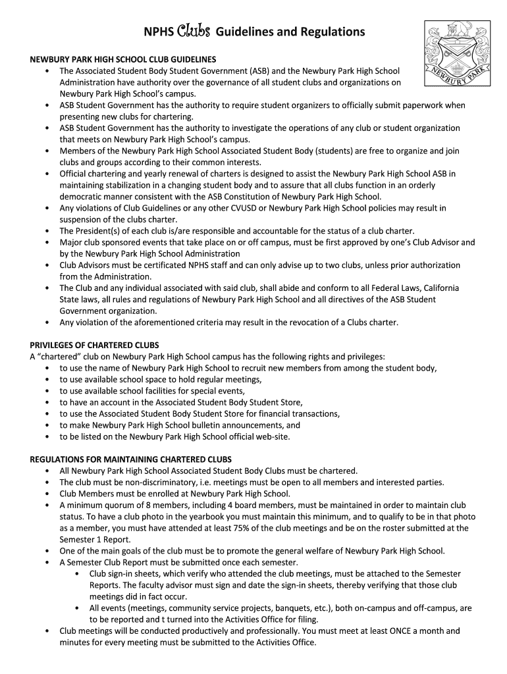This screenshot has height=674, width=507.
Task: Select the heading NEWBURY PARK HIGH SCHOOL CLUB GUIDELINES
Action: (x=123, y=59)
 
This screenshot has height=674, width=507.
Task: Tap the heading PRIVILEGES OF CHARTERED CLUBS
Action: (x=95, y=345)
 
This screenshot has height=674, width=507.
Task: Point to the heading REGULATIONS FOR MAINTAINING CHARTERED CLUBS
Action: (x=131, y=459)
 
